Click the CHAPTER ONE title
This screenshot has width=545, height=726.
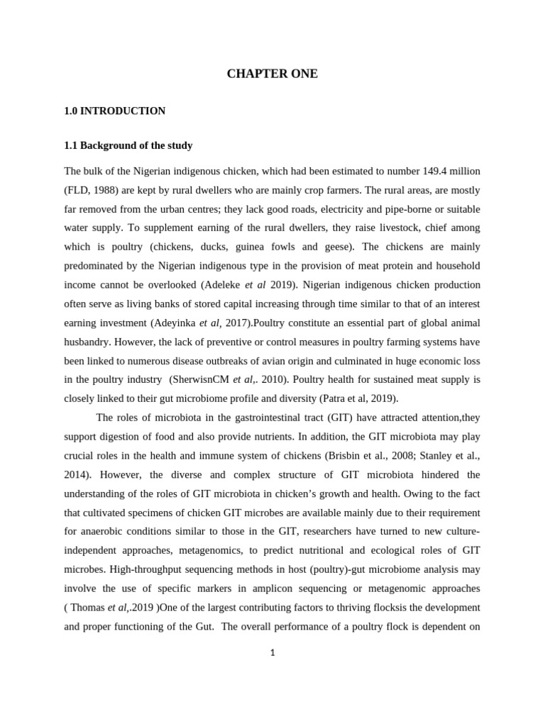tap(272, 74)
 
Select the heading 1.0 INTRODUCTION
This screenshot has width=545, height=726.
tap(114, 111)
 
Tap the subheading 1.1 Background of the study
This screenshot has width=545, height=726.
tap(128, 145)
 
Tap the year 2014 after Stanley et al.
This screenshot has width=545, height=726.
tap(77, 474)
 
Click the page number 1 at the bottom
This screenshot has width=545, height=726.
tap(272, 653)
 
